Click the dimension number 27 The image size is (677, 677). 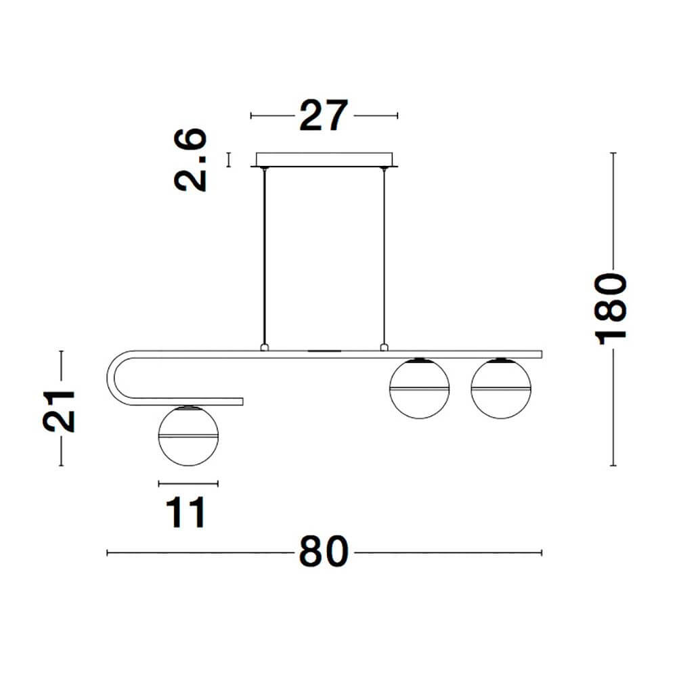coord(324,115)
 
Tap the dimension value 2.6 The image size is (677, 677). coord(190,160)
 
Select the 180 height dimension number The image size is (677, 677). coord(611,309)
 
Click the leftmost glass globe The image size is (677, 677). coord(188,436)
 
